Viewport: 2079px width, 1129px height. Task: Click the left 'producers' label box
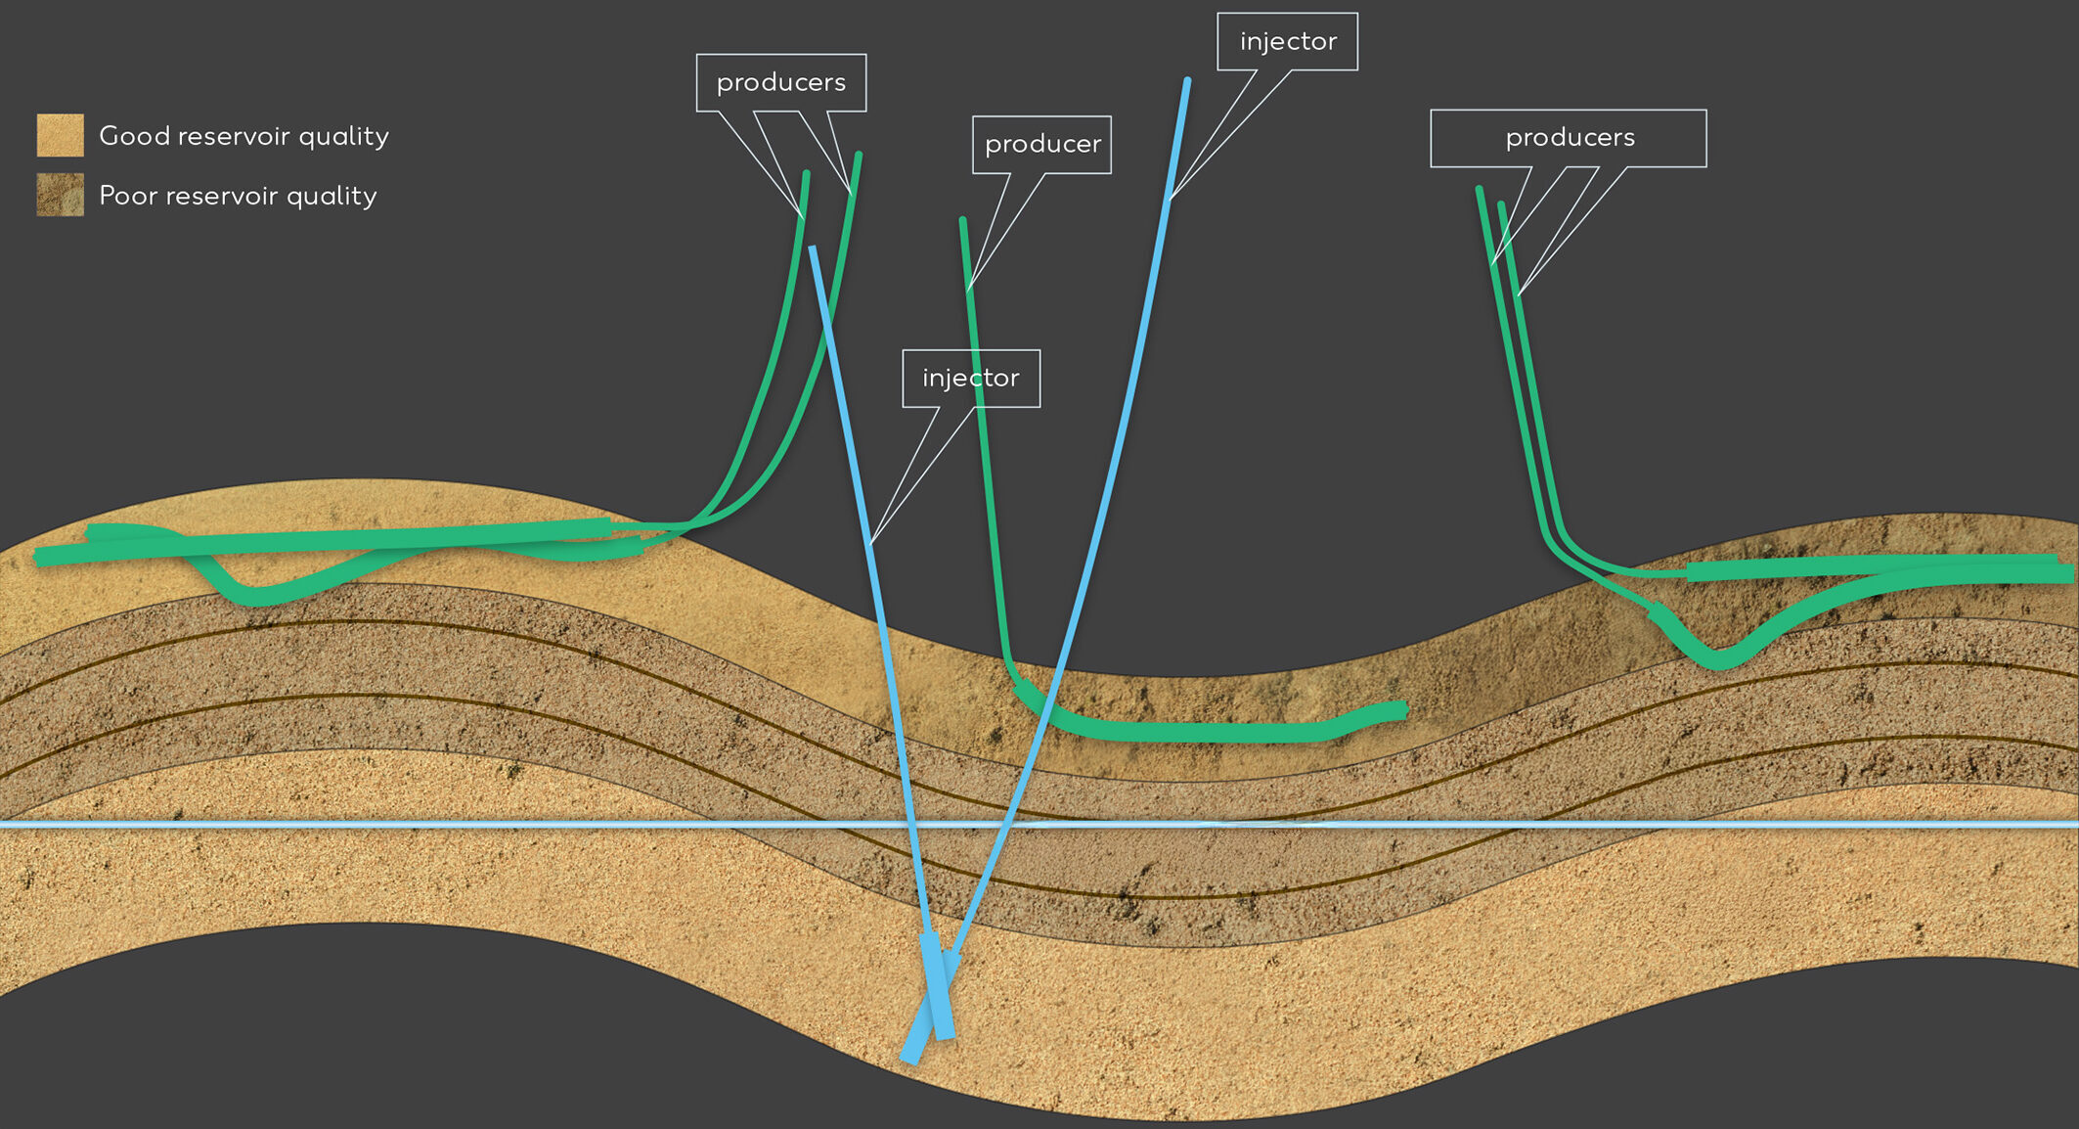[x=780, y=83]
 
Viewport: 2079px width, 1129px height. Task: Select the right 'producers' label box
[x=1568, y=138]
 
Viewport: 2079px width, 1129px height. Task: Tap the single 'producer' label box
[x=1041, y=145]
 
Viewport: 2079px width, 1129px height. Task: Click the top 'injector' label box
[x=1287, y=42]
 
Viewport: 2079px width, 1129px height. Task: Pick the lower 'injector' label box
[x=970, y=379]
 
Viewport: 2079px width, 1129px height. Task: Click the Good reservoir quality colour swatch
[x=60, y=135]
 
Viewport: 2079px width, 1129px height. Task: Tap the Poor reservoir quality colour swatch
[x=60, y=195]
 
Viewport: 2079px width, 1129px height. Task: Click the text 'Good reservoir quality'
[x=243, y=136]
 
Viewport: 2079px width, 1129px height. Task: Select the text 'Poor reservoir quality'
[x=238, y=196]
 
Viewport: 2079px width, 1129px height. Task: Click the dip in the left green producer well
[x=256, y=594]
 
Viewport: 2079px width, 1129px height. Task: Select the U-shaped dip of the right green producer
[x=1721, y=657]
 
